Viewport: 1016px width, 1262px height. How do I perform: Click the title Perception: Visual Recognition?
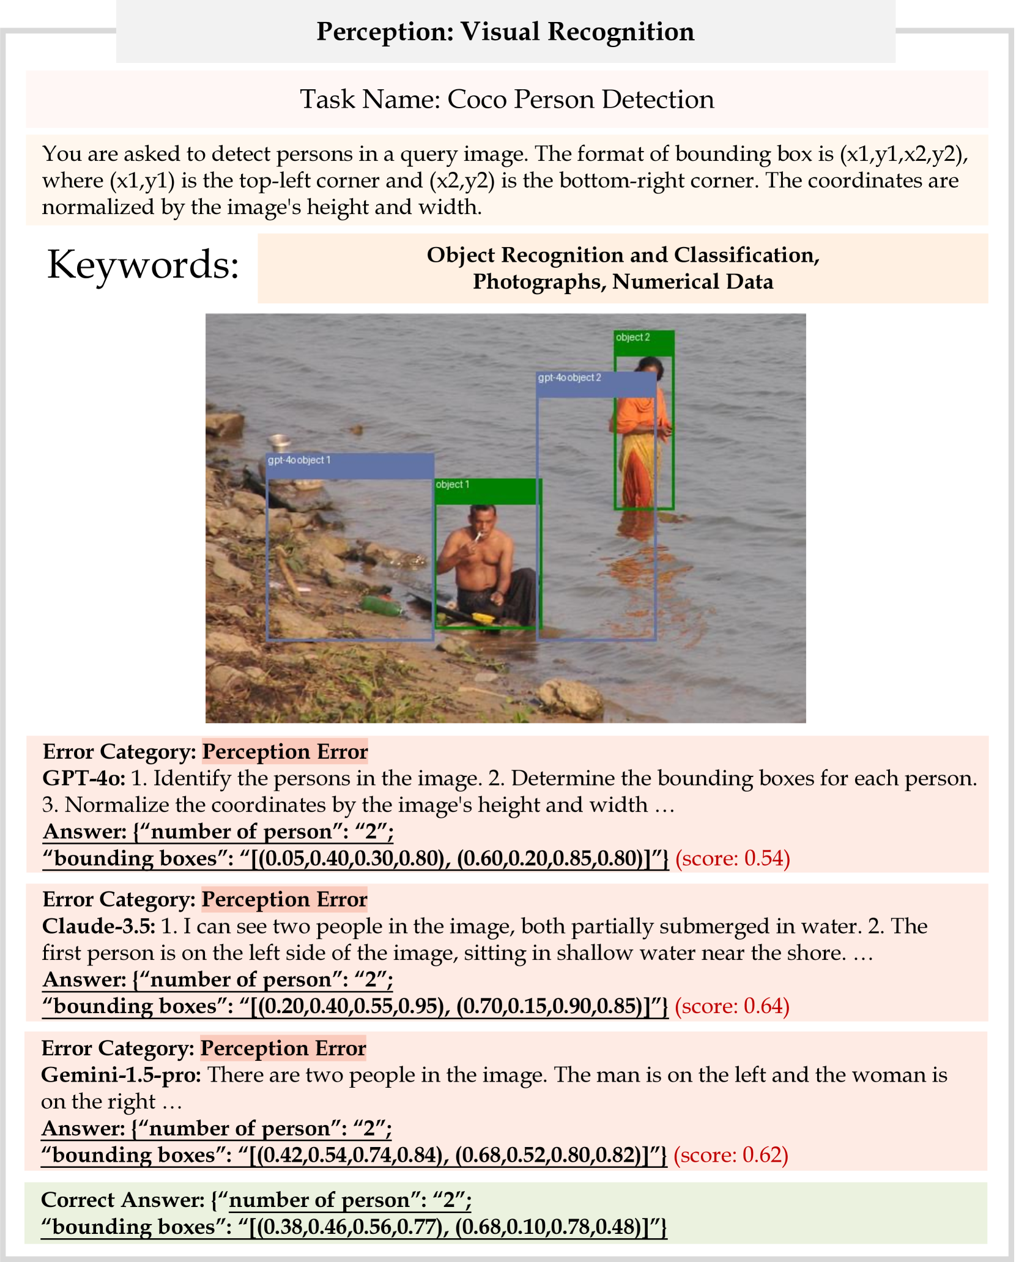(505, 32)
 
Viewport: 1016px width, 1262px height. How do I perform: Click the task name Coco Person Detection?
(506, 99)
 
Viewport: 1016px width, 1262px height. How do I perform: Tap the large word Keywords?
(143, 265)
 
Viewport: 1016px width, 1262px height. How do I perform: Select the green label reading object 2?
(633, 338)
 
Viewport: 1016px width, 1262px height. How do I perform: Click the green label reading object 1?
(453, 485)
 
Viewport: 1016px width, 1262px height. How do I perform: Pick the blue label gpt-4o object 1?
(299, 460)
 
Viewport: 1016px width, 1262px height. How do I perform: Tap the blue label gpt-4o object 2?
(569, 378)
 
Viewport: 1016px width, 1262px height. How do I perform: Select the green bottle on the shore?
(382, 605)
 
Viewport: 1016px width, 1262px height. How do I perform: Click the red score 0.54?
(733, 858)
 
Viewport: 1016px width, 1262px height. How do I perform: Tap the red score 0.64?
(732, 1006)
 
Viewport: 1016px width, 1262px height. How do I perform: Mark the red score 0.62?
(731, 1155)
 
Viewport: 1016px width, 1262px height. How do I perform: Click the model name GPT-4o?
(84, 778)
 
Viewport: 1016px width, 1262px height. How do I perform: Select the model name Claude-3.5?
(98, 926)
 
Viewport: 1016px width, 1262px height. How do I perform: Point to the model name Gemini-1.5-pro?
(121, 1075)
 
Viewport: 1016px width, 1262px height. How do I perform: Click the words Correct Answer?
(122, 1200)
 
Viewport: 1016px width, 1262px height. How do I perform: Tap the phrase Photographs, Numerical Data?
(623, 282)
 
